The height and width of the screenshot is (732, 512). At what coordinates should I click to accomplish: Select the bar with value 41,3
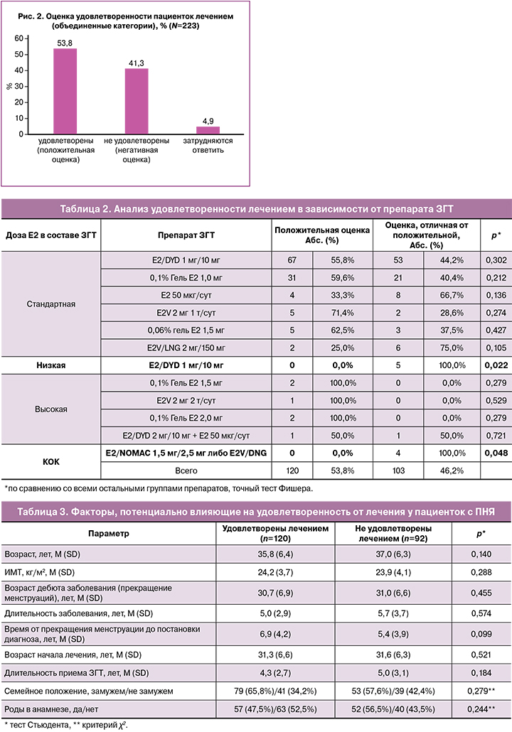coord(137,101)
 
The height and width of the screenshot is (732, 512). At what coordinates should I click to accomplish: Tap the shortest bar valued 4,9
coord(208,130)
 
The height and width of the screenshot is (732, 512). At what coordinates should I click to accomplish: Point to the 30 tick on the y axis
coord(27,87)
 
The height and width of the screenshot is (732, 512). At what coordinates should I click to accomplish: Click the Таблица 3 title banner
coord(255,512)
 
